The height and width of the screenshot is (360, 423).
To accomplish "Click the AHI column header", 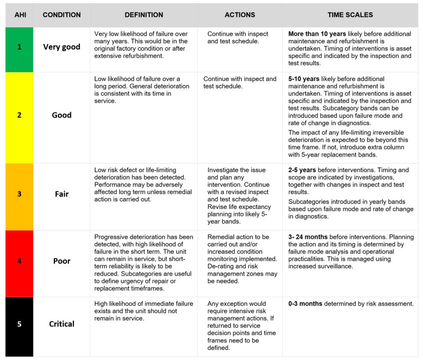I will (x=19, y=15).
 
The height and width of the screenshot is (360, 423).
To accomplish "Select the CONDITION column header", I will (x=62, y=15).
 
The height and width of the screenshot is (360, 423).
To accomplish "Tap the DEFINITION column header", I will (x=144, y=15).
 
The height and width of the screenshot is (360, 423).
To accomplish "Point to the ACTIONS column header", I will (x=239, y=15).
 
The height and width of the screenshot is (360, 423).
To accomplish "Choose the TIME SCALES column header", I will (x=350, y=15).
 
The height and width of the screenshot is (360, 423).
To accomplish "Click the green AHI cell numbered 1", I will (x=19, y=47).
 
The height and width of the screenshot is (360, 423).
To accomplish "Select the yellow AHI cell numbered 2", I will (x=19, y=115).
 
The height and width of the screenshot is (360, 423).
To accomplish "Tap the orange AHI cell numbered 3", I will (x=19, y=194).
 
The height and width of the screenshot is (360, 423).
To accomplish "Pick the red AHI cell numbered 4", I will (x=19, y=261).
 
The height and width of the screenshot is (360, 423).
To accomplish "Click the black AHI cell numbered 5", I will (x=19, y=324).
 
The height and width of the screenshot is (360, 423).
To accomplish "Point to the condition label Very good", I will (x=62, y=47).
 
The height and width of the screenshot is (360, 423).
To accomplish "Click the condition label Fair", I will (x=62, y=194).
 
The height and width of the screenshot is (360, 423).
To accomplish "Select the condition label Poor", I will (x=62, y=261).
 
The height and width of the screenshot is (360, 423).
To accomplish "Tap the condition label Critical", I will (x=62, y=324).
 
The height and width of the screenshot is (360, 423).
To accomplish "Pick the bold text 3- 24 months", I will (x=308, y=237).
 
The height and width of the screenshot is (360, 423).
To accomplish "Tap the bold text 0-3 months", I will (x=305, y=304).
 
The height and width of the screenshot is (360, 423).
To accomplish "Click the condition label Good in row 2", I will (x=62, y=115).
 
